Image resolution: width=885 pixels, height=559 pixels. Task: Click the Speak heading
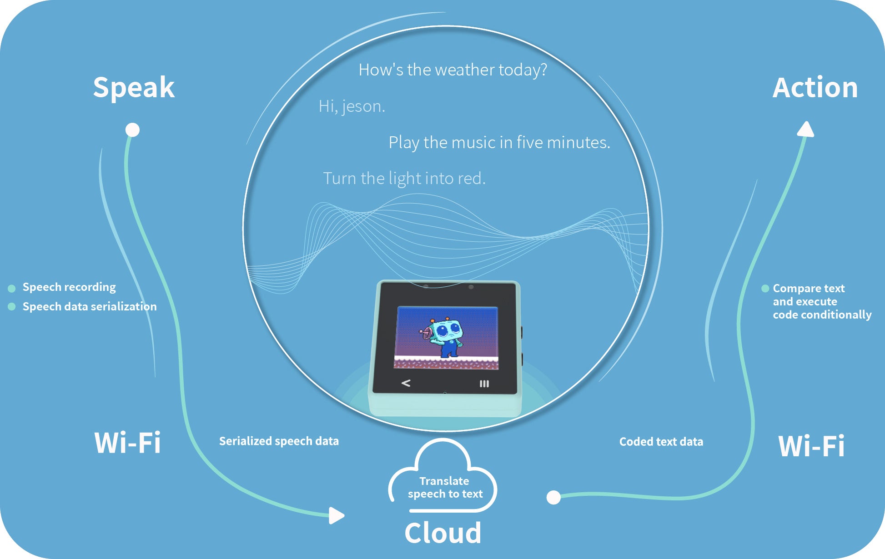(x=134, y=87)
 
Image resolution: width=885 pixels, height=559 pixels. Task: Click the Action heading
(x=815, y=87)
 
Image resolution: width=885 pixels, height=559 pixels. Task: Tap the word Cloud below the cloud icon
(x=442, y=533)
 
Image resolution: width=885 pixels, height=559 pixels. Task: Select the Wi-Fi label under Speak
(x=127, y=443)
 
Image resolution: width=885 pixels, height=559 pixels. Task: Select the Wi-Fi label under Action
(x=811, y=446)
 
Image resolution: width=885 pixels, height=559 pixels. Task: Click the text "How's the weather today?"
(x=453, y=70)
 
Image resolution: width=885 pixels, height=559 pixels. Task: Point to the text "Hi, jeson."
(x=352, y=106)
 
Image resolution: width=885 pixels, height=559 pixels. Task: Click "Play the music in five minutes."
(x=499, y=143)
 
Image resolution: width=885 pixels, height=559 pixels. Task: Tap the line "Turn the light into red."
(x=404, y=179)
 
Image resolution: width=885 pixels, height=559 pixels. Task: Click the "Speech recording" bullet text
(x=69, y=287)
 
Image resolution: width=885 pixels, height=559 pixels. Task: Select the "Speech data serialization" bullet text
(x=90, y=307)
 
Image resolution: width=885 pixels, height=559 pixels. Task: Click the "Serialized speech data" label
(x=279, y=441)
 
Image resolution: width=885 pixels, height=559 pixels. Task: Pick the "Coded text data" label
(x=661, y=442)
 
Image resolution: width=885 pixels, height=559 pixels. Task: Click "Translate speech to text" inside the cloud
(x=445, y=488)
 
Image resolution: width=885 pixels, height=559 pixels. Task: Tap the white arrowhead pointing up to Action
(x=806, y=130)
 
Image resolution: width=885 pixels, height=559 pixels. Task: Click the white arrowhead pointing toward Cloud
(x=336, y=515)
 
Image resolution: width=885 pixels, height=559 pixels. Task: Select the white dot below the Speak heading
(x=132, y=130)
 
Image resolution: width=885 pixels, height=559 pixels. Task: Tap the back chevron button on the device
(x=406, y=384)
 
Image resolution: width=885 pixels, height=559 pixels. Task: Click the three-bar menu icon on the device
(x=484, y=384)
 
